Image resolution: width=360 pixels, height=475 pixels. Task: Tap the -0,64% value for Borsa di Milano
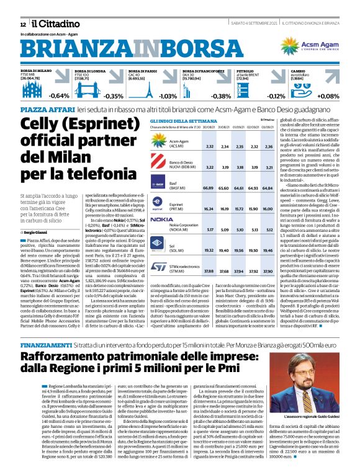click(60, 96)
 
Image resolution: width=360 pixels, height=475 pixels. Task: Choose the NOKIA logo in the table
click(161, 220)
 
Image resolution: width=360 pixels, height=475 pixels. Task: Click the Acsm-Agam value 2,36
click(269, 146)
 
